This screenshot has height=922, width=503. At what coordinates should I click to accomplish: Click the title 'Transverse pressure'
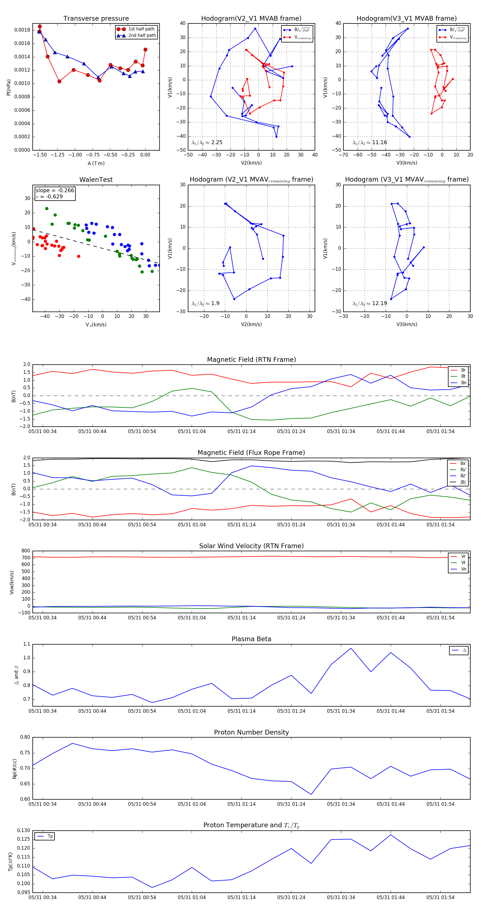pos(96,19)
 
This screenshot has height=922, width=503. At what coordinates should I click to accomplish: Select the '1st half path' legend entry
pos(141,29)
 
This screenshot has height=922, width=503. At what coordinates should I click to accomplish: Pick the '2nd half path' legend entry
pos(142,35)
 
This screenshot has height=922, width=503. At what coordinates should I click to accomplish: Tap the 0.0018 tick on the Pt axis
pos(22,30)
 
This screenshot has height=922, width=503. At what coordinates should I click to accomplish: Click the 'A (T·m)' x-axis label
pos(96,163)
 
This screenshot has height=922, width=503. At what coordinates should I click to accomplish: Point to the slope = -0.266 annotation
pos(55,191)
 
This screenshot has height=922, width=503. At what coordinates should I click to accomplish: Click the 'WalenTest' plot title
pos(96,180)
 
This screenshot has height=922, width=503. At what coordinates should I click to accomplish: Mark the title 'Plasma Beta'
pos(251,639)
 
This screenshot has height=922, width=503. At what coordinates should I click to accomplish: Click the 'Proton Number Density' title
pos(251,732)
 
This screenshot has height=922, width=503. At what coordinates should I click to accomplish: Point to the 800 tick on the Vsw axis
pos(25,551)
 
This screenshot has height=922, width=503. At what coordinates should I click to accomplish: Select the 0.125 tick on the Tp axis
pos(24,839)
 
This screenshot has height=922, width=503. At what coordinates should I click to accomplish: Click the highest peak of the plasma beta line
pos(351,648)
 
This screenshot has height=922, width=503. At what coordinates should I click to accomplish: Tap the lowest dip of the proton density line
pos(311,794)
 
